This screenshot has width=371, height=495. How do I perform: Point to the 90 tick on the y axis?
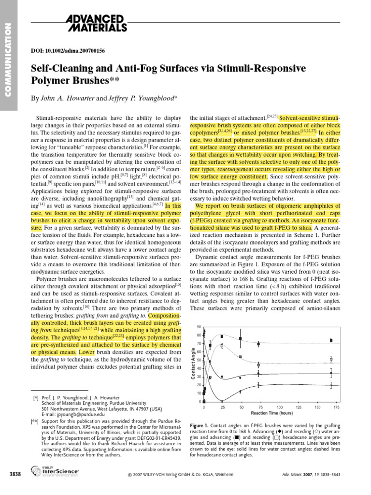[198, 327]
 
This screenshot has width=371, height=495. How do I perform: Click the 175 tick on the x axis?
[337, 408]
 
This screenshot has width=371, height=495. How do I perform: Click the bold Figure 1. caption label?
[201, 423]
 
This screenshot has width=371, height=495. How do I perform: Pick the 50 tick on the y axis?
[198, 360]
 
